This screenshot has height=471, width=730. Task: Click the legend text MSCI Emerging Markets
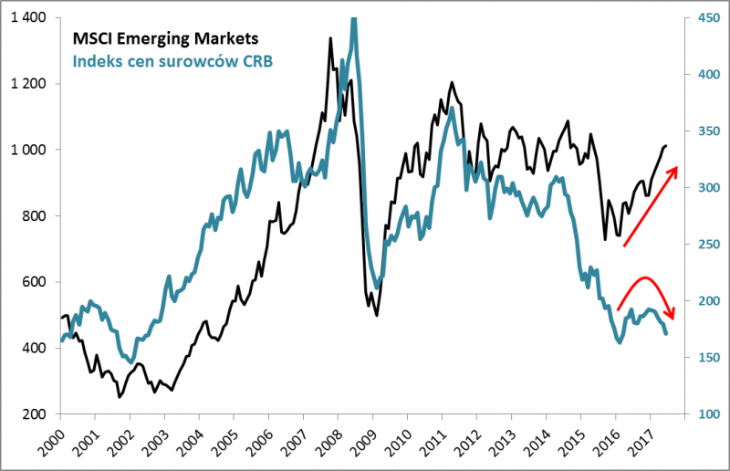pyautogui.click(x=165, y=39)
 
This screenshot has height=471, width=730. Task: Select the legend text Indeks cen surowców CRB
pyautogui.click(x=173, y=60)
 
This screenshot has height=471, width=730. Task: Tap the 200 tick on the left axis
pyautogui.click(x=36, y=414)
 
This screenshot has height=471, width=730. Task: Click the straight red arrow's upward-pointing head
pyautogui.click(x=676, y=169)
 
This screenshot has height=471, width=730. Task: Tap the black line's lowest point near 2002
pyautogui.click(x=120, y=397)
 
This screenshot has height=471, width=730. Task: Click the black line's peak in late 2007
pyautogui.click(x=329, y=38)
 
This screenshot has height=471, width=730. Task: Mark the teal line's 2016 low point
pyautogui.click(x=620, y=342)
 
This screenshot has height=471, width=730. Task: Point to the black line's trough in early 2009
pyautogui.click(x=376, y=316)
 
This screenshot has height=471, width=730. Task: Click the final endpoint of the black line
pyautogui.click(x=667, y=145)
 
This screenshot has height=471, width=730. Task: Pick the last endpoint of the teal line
pyautogui.click(x=666, y=334)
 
